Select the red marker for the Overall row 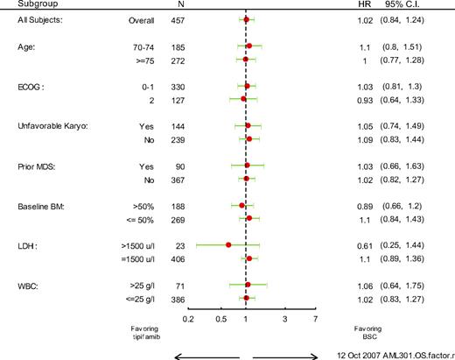(x=246, y=18)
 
